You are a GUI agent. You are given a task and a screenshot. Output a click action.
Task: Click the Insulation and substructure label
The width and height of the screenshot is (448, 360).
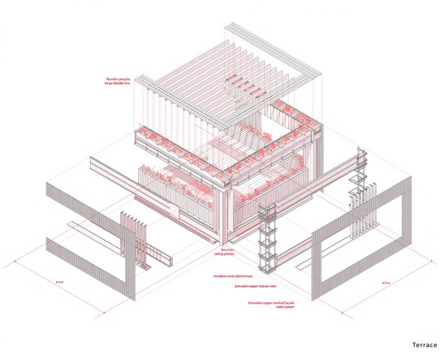point(233,276)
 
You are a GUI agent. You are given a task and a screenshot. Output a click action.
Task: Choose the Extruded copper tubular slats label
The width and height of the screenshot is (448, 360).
point(253,287)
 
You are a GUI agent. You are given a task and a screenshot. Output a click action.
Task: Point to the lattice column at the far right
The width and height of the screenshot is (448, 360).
point(356,191)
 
